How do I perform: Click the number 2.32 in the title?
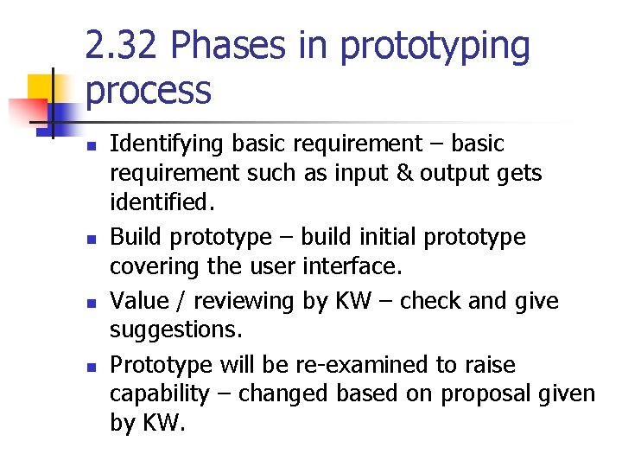(121, 46)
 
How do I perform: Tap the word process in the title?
(148, 89)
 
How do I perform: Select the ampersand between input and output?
(404, 173)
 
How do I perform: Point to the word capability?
(159, 394)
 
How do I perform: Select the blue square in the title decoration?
(67, 113)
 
